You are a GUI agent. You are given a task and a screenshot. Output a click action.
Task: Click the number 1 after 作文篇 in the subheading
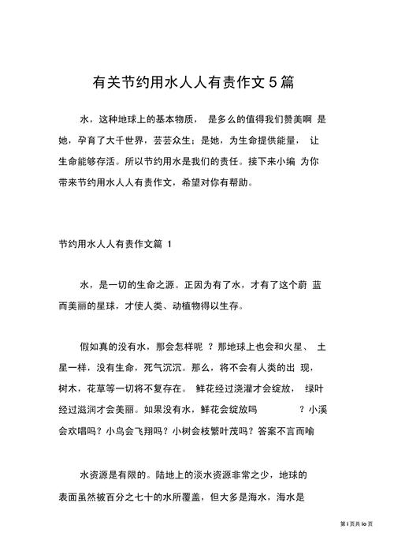click(x=181, y=244)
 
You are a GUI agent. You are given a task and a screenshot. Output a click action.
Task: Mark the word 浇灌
click(x=246, y=389)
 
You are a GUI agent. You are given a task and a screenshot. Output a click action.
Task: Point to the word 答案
click(x=270, y=431)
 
